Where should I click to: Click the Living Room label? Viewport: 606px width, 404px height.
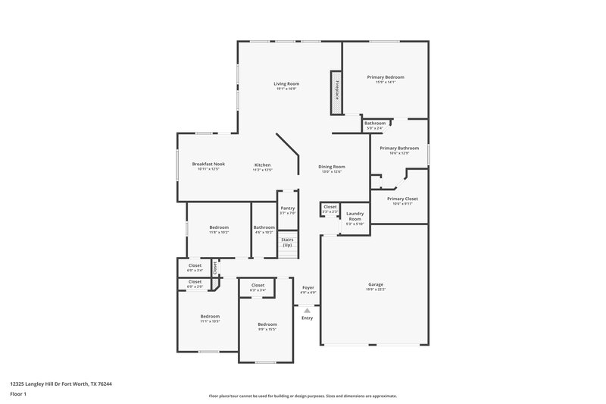click(x=286, y=83)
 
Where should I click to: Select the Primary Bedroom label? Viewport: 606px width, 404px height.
click(x=386, y=77)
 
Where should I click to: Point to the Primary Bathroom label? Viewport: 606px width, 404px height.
click(x=399, y=148)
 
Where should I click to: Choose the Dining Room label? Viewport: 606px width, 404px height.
click(x=331, y=167)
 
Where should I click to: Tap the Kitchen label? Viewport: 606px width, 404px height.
click(x=262, y=164)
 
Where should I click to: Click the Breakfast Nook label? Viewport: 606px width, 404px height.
click(x=208, y=164)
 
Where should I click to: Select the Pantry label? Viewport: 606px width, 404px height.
click(x=287, y=208)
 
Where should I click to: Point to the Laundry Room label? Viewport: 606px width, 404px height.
click(x=355, y=218)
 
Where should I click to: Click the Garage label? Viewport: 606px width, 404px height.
click(x=376, y=284)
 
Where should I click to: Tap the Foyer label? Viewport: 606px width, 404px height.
click(x=308, y=287)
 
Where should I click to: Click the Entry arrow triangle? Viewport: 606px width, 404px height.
click(x=307, y=310)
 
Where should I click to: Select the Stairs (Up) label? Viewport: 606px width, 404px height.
click(x=287, y=243)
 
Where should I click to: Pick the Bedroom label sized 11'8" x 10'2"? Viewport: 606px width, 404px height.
click(x=219, y=227)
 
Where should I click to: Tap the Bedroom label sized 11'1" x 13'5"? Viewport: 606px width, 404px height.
click(x=210, y=316)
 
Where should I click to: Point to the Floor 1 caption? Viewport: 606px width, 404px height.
click(x=19, y=394)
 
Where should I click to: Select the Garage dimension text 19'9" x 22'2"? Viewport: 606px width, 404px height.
click(x=376, y=290)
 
